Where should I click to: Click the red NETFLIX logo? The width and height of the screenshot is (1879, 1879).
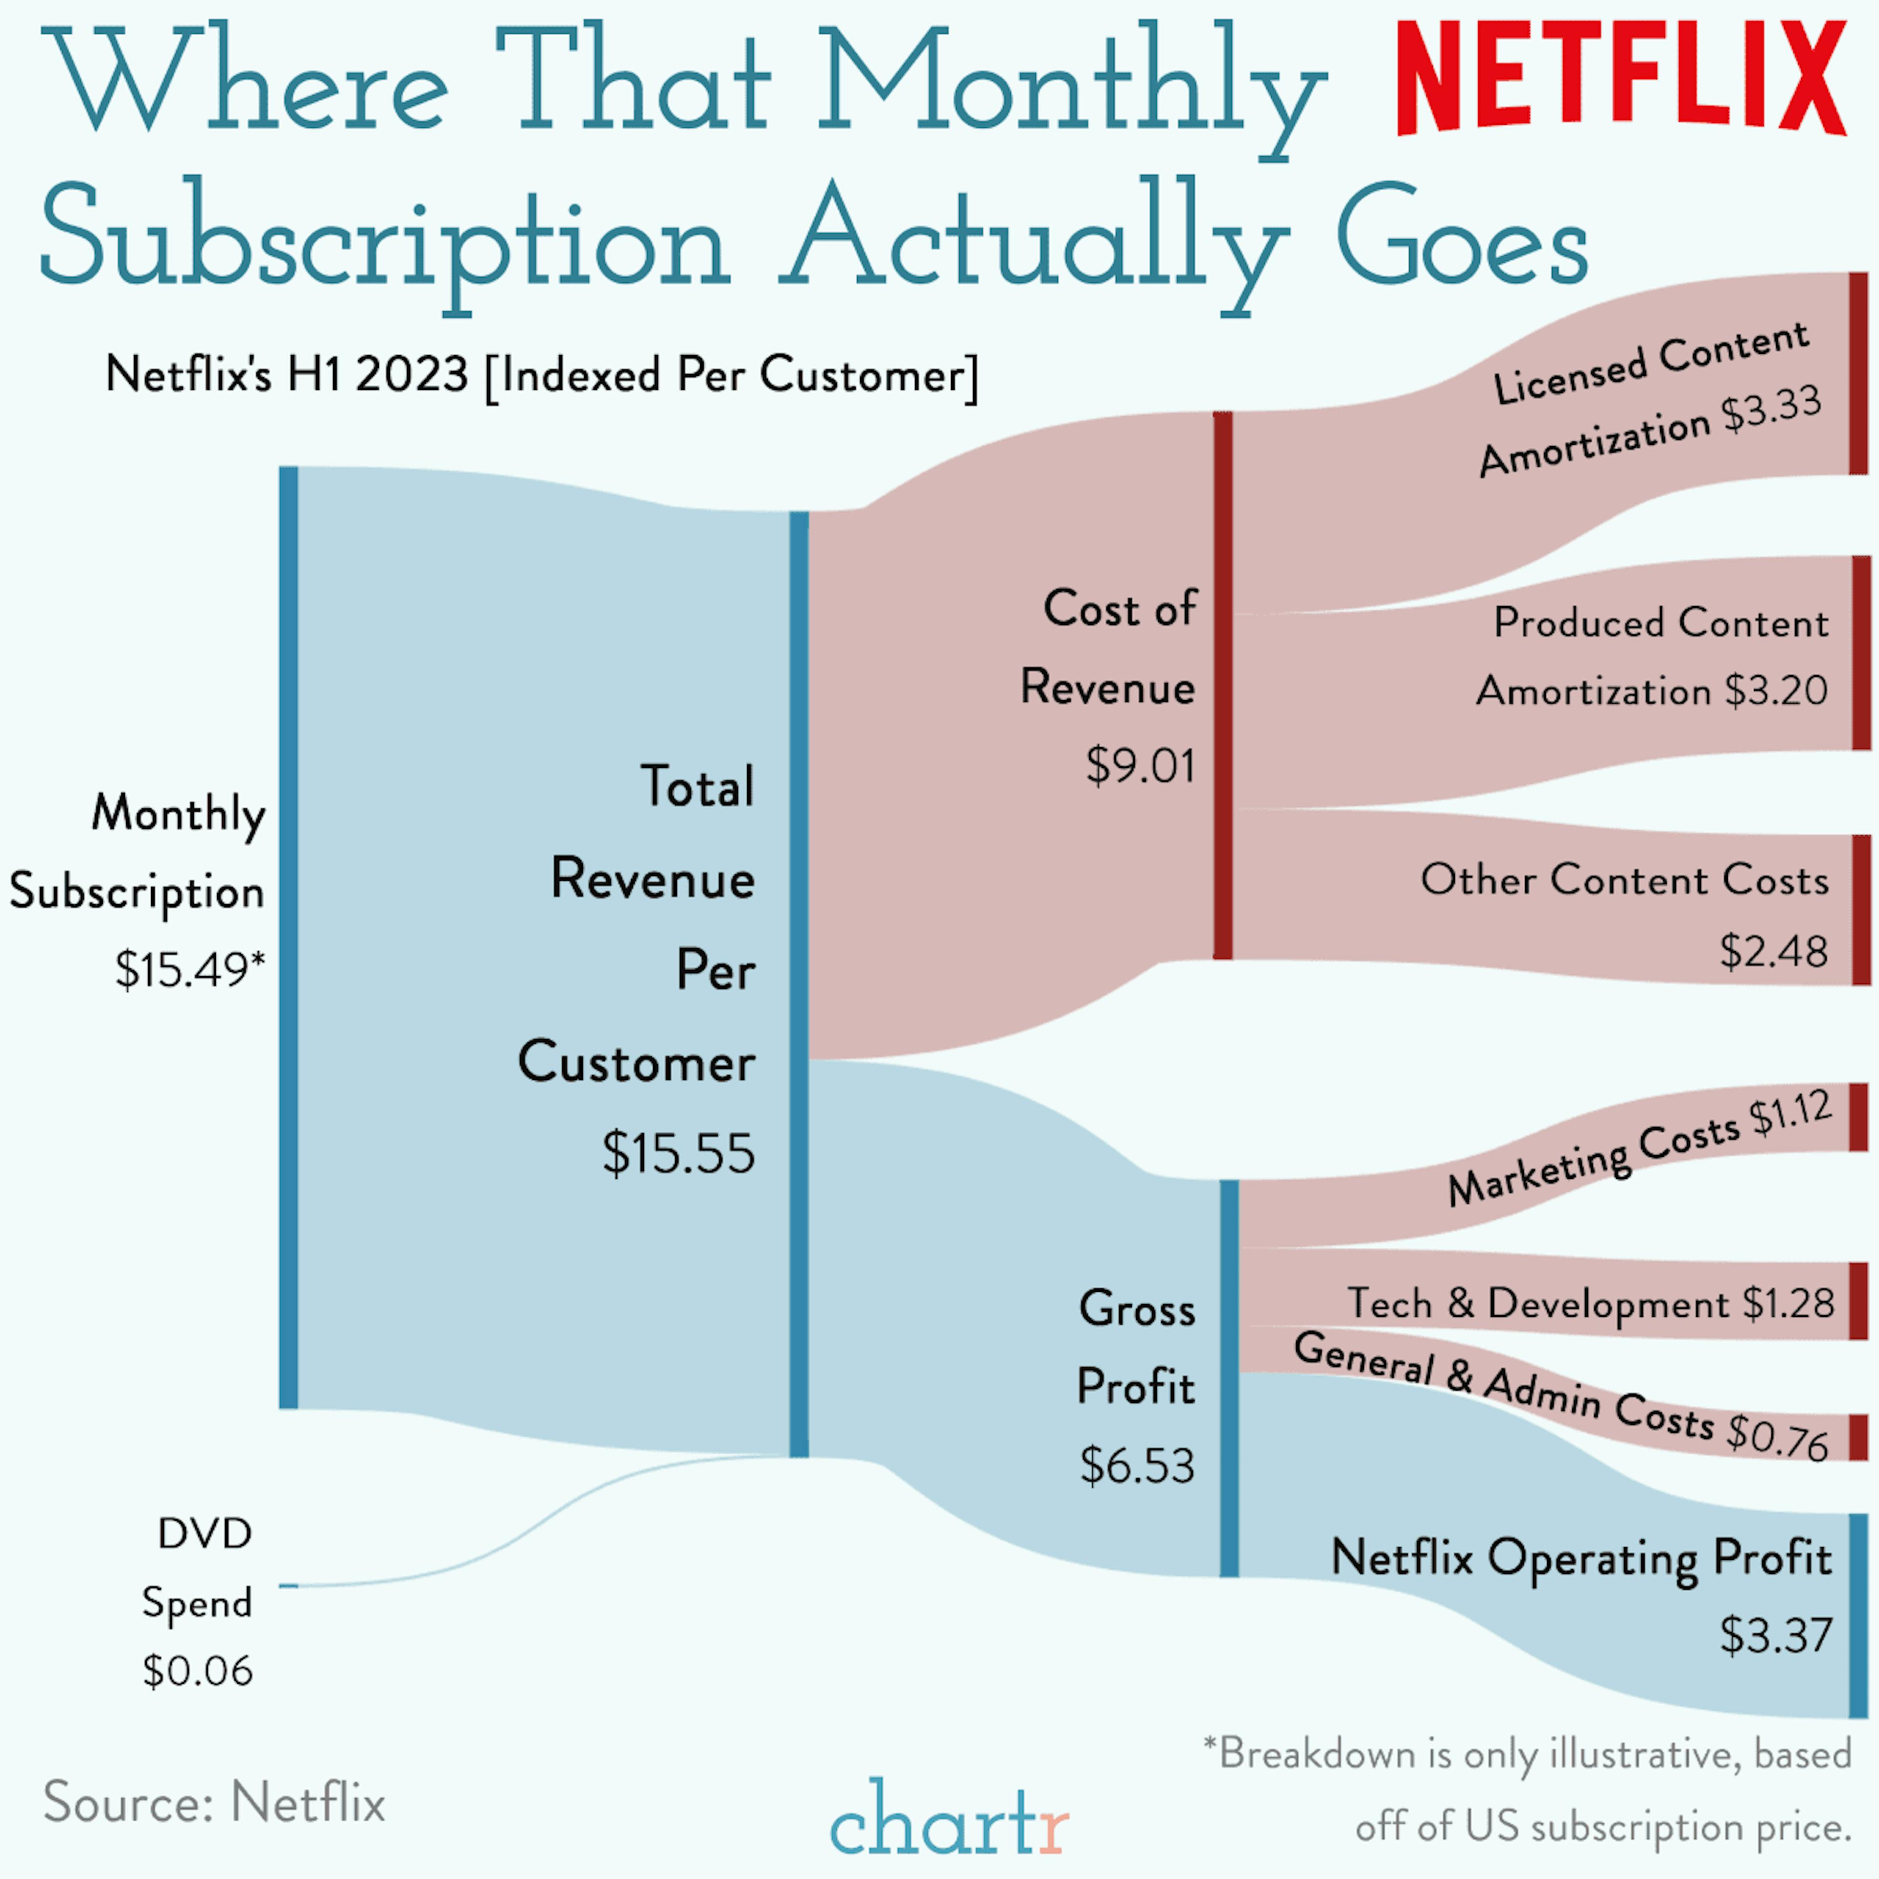(x=1621, y=78)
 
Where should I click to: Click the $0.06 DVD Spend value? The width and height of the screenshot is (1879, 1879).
(x=197, y=1671)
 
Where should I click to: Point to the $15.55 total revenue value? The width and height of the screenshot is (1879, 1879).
(x=678, y=1153)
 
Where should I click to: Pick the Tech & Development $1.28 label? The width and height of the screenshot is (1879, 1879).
(x=1590, y=1303)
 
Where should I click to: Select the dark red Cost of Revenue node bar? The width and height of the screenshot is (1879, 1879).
(x=1222, y=686)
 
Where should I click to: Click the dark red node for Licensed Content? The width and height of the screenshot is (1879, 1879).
(x=1857, y=373)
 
